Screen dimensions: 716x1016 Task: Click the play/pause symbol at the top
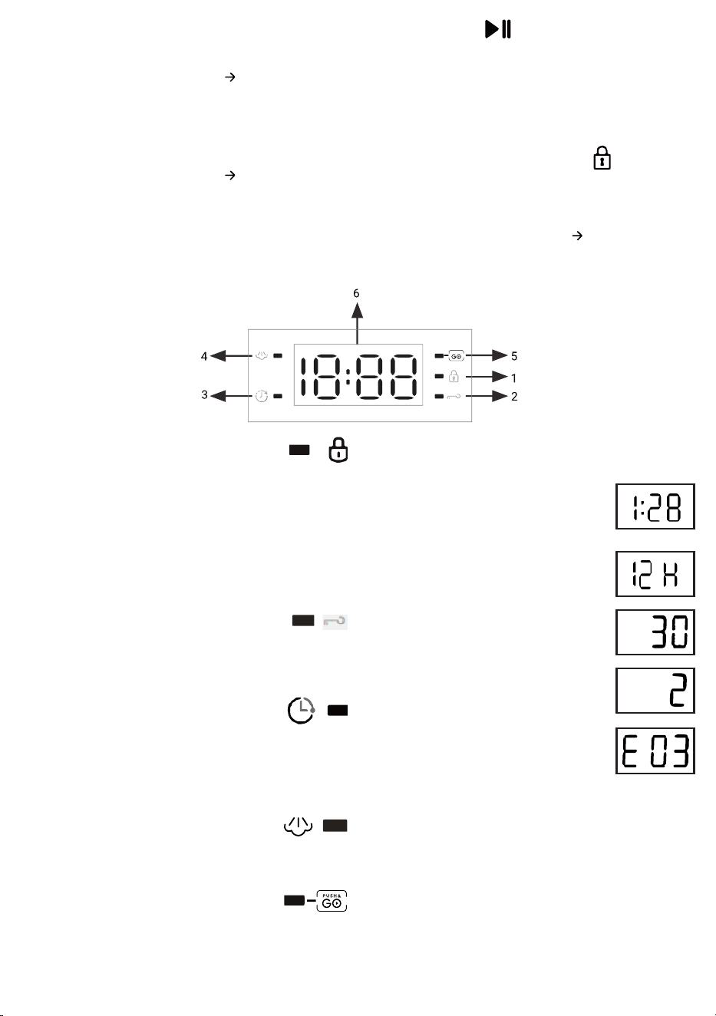tap(498, 29)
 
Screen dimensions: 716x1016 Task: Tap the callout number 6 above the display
tap(356, 293)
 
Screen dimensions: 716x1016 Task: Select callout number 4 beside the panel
tap(204, 356)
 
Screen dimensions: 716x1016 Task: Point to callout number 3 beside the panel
tap(204, 395)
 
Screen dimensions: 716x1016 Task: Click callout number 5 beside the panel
tap(514, 356)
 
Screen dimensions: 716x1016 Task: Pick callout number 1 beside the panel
tap(513, 378)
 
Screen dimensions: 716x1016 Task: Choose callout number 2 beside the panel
tap(514, 397)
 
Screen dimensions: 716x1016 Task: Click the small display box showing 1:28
tap(655, 506)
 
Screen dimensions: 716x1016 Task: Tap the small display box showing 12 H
tap(655, 574)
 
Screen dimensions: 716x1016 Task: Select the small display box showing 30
tap(655, 632)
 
